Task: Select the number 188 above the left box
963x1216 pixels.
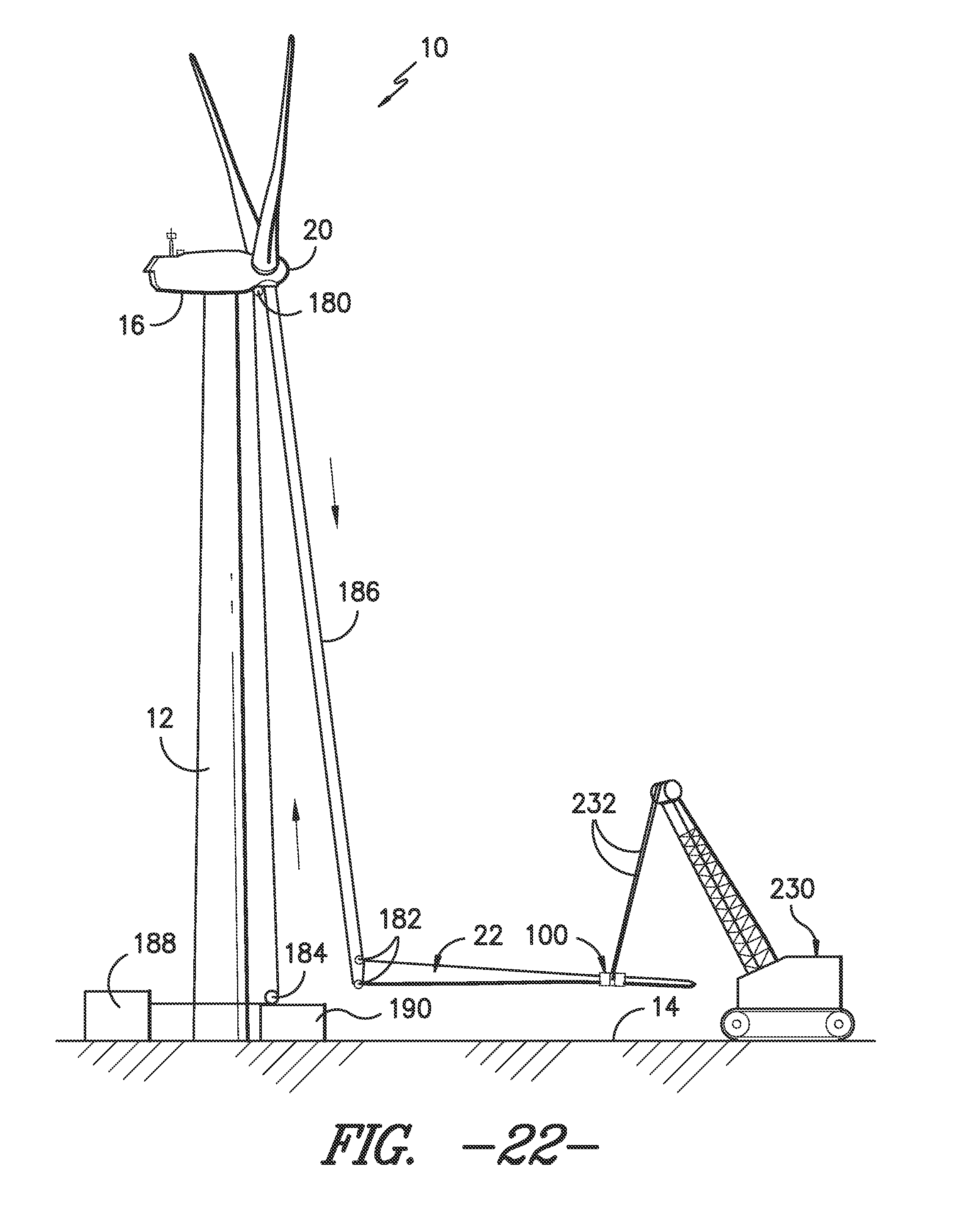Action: tap(154, 943)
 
